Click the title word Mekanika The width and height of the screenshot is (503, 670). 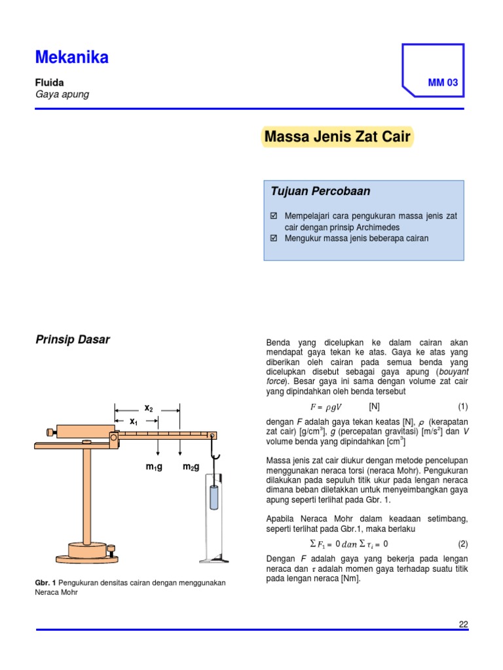pyautogui.click(x=72, y=58)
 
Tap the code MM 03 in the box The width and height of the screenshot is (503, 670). pyautogui.click(x=443, y=83)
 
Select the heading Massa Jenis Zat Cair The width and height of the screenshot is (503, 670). pyautogui.click(x=337, y=137)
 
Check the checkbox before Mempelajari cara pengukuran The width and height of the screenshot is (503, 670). pyautogui.click(x=274, y=215)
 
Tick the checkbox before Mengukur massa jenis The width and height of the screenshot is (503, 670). pyautogui.click(x=274, y=238)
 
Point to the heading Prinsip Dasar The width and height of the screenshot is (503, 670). pyautogui.click(x=72, y=340)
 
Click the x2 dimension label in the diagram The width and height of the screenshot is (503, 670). pyautogui.click(x=149, y=408)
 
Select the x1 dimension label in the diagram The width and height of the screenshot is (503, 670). pyautogui.click(x=134, y=421)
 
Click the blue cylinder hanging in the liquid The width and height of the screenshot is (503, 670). pyautogui.click(x=213, y=498)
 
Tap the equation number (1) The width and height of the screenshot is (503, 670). pyautogui.click(x=462, y=406)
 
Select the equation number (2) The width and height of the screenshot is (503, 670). pyautogui.click(x=462, y=544)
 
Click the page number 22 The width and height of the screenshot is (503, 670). pyautogui.click(x=463, y=624)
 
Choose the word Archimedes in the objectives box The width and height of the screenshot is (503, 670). pyautogui.click(x=375, y=227)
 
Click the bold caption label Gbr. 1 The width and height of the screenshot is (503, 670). pyautogui.click(x=45, y=583)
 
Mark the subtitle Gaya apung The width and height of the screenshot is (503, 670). pyautogui.click(x=62, y=94)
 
